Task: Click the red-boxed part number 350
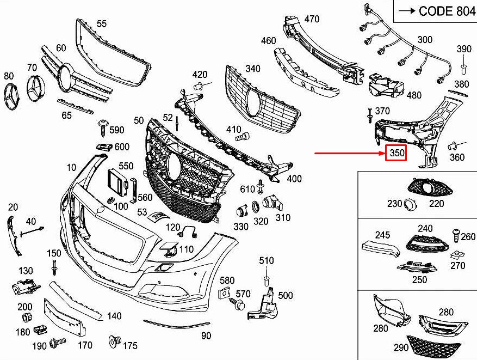397,154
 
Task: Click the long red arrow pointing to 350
348,154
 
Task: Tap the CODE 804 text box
435,11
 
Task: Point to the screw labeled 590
102,127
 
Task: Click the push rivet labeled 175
115,341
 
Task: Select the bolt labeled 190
57,343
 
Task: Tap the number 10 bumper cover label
72,167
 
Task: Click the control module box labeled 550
116,180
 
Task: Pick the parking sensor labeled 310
270,204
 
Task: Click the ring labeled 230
410,205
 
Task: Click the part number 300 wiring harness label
425,40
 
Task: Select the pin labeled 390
463,68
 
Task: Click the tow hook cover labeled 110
169,249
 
